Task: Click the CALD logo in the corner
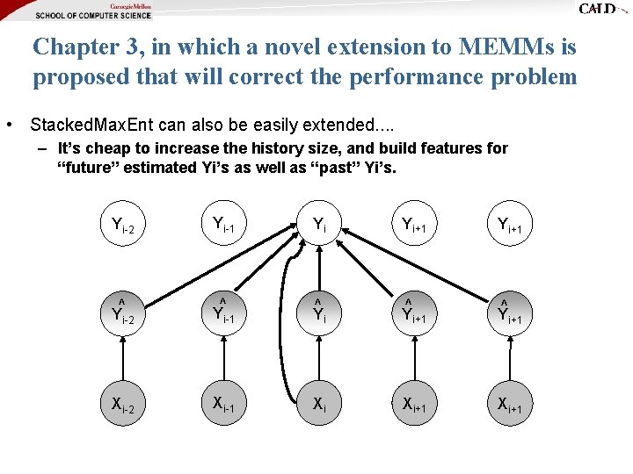click(x=601, y=9)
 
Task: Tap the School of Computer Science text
click(x=93, y=15)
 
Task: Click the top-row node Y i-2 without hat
click(x=122, y=226)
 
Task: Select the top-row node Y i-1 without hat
click(x=222, y=225)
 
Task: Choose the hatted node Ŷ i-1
click(x=222, y=313)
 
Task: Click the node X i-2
click(x=122, y=405)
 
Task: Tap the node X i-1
click(x=222, y=404)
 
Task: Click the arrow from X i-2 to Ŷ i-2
click(x=122, y=360)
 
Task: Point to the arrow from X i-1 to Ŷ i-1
click(x=222, y=360)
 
